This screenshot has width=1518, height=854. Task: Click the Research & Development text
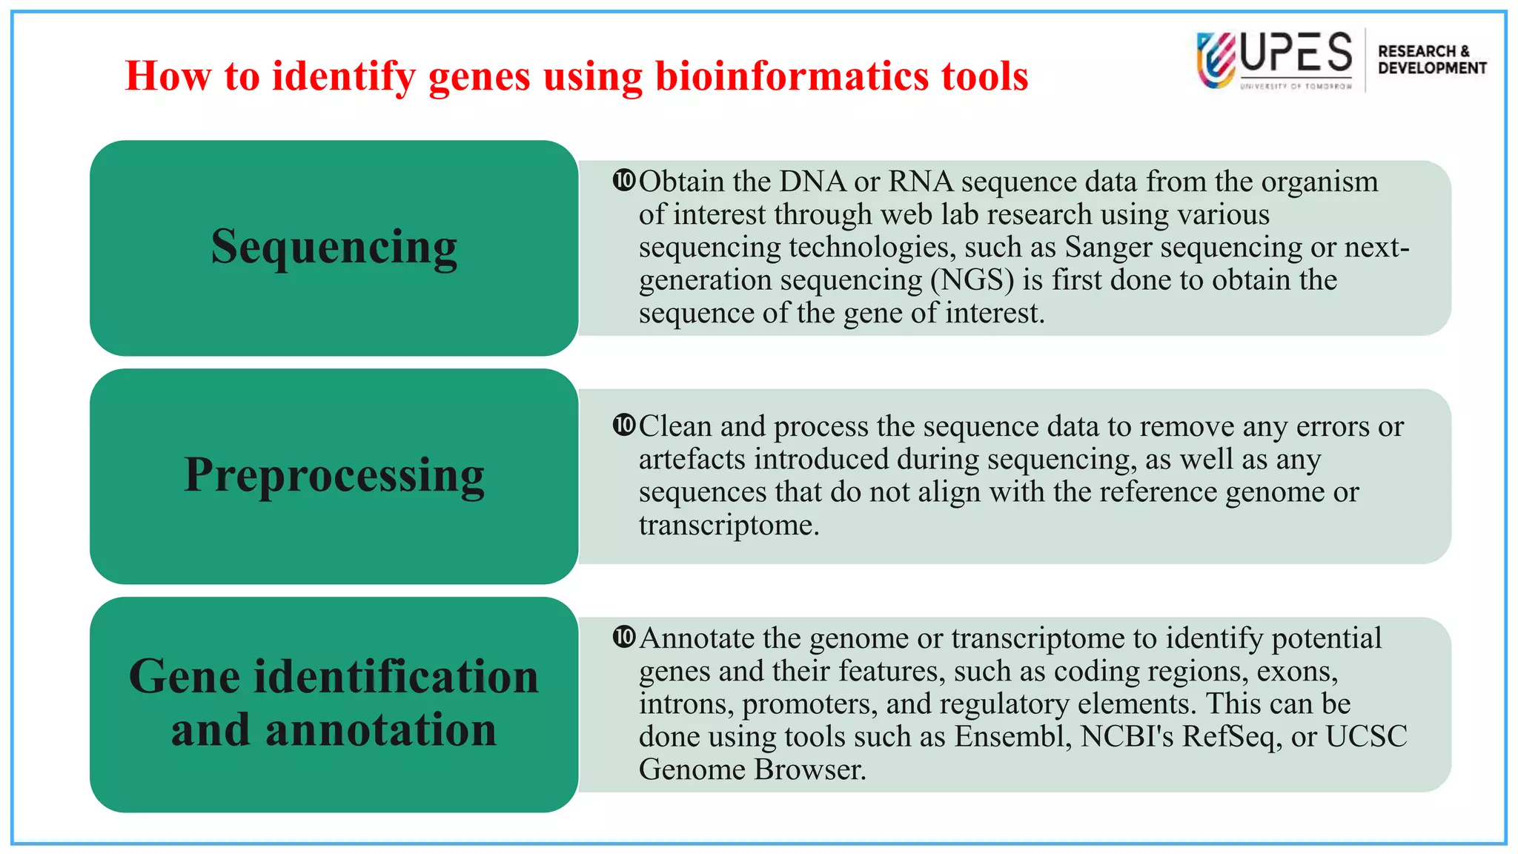(x=1431, y=59)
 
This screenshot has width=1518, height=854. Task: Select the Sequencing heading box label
(x=334, y=246)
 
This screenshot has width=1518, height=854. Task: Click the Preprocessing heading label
(x=334, y=474)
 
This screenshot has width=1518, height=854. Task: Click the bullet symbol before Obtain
(x=624, y=180)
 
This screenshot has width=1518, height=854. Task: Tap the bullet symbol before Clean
(x=624, y=425)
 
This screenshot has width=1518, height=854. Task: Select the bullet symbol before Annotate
(x=624, y=637)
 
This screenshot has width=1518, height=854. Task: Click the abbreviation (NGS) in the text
(x=972, y=280)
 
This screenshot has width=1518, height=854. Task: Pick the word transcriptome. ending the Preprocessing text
(x=729, y=525)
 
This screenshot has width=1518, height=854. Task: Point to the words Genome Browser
(x=752, y=769)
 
